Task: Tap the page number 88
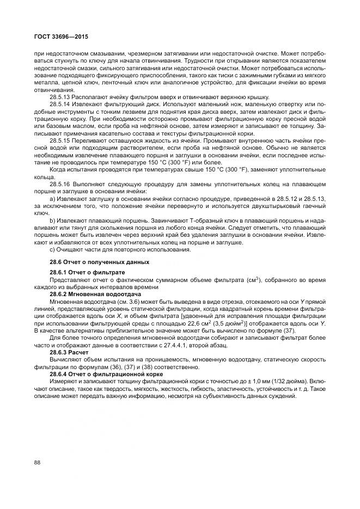pyautogui.click(x=38, y=462)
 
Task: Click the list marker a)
pyautogui.click(x=52, y=200)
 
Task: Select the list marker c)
pyautogui.click(x=52, y=249)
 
